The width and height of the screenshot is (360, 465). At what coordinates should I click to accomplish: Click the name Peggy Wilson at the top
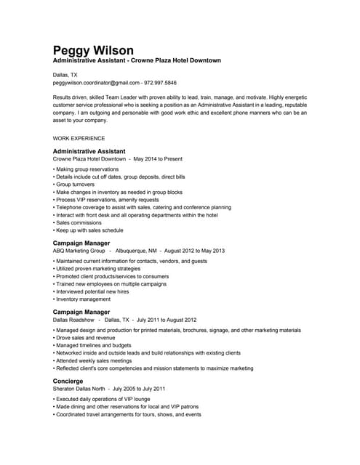pyautogui.click(x=93, y=50)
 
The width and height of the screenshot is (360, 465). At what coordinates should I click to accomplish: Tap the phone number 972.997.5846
pyautogui.click(x=160, y=83)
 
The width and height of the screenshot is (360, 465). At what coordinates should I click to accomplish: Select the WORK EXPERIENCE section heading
pyautogui.click(x=79, y=138)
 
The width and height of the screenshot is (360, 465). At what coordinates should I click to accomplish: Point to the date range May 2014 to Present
pyautogui.click(x=158, y=158)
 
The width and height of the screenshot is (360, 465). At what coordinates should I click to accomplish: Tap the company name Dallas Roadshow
pyautogui.click(x=73, y=320)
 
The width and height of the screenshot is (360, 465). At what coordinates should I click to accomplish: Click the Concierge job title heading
pyautogui.click(x=68, y=381)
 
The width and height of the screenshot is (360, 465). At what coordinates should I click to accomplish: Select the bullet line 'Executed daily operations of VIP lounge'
pyautogui.click(x=105, y=400)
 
